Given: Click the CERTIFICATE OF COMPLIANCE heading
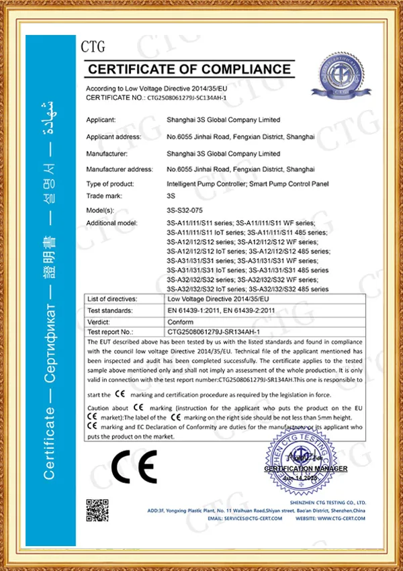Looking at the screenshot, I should click(190, 69).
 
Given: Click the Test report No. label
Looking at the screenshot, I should click(111, 332).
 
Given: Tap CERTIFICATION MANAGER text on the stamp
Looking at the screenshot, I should click(306, 468).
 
